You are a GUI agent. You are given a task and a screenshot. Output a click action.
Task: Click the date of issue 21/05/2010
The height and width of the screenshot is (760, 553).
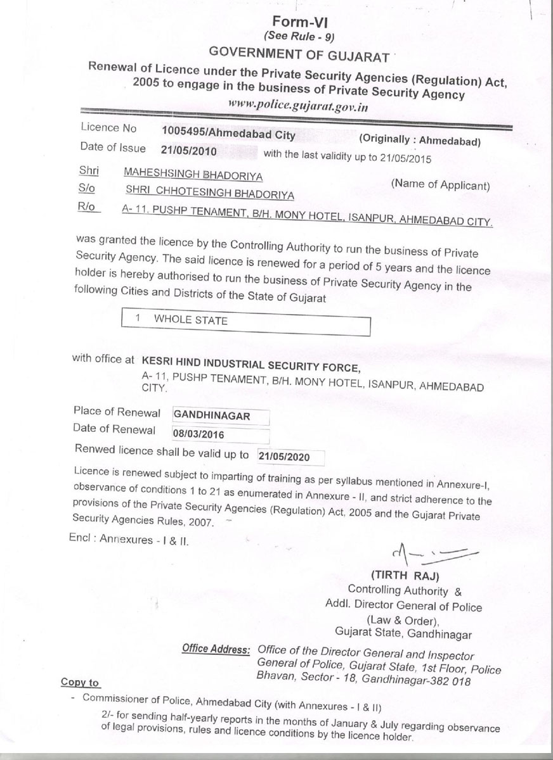click(x=189, y=150)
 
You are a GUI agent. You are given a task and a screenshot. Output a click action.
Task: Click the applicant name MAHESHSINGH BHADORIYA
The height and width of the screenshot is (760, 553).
click(x=193, y=173)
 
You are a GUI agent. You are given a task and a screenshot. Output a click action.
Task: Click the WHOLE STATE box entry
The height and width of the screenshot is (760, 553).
click(x=190, y=320)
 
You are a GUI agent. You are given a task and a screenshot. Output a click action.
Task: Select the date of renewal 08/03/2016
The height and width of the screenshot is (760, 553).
click(x=198, y=434)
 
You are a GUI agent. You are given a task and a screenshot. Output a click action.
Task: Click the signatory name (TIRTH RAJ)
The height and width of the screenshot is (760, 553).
click(x=404, y=576)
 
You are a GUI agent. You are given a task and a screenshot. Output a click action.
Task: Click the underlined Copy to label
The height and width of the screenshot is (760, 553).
click(x=80, y=683)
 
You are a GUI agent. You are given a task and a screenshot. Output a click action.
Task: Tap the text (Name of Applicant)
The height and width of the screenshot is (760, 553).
click(x=440, y=186)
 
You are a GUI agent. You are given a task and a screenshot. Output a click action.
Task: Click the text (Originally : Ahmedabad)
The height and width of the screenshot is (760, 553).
click(x=420, y=142)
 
